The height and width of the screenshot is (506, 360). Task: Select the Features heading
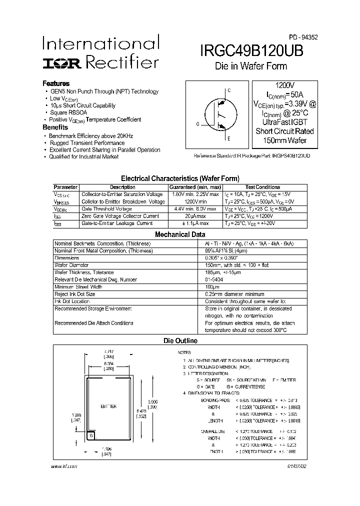point(56,83)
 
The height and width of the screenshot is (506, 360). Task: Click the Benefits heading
point(55,127)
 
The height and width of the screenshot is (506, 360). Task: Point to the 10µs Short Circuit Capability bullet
point(82,105)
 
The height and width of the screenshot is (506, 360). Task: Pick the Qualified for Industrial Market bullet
point(83,156)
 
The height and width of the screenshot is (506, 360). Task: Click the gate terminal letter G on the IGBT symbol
point(197,123)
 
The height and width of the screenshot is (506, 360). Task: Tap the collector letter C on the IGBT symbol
point(229,91)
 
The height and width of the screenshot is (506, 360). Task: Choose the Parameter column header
point(65,187)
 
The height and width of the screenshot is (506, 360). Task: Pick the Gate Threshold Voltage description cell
point(107,208)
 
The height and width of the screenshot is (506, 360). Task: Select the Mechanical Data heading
point(180,234)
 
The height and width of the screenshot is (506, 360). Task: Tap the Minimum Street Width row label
point(78,287)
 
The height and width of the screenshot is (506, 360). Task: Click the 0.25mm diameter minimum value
point(234,294)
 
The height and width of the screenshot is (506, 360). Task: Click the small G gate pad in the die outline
point(91,436)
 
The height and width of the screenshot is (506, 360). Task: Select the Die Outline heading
point(180,341)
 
